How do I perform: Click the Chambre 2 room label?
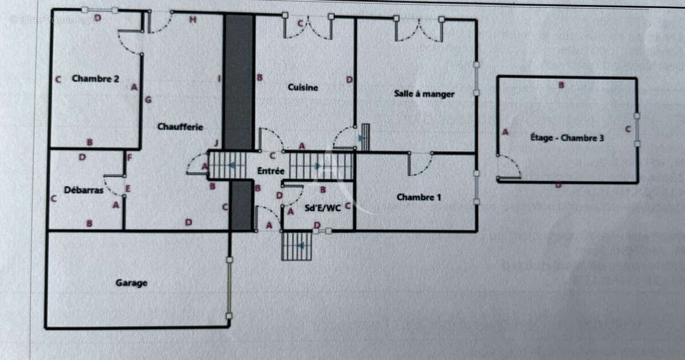tap(95, 79)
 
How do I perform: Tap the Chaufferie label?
tap(180, 127)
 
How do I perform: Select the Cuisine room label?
tap(303, 87)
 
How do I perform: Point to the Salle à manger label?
tap(424, 94)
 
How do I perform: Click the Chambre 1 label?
tap(419, 197)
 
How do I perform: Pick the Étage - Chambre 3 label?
tap(567, 137)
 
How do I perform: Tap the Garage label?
tap(132, 282)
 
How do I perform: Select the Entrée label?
tap(271, 171)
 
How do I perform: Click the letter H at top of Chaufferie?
tap(193, 21)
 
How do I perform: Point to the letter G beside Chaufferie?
tap(148, 100)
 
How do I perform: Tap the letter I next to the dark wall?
tap(219, 78)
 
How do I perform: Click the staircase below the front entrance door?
tap(297, 246)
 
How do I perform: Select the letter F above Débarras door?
tap(130, 157)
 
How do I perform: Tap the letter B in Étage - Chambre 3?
tap(561, 86)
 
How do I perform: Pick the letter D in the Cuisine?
tap(349, 80)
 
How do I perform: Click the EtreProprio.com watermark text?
tap(53, 19)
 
